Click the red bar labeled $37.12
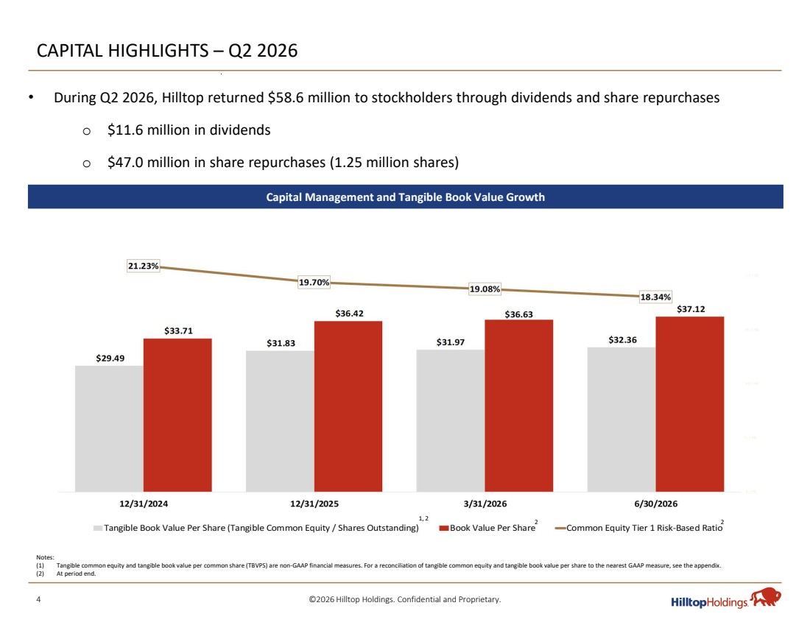690,404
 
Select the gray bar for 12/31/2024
109,428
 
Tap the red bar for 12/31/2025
348,406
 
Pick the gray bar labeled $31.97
451,421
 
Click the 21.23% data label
143,266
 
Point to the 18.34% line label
655,297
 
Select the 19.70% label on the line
314,283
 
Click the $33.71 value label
178,331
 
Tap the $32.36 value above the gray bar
622,340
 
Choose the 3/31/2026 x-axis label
485,504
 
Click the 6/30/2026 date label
655,504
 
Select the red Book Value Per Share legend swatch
443,529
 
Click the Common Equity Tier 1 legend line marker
560,529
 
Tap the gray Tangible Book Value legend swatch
98,529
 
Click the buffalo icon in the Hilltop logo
766,596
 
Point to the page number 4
38,599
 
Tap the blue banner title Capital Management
405,197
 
